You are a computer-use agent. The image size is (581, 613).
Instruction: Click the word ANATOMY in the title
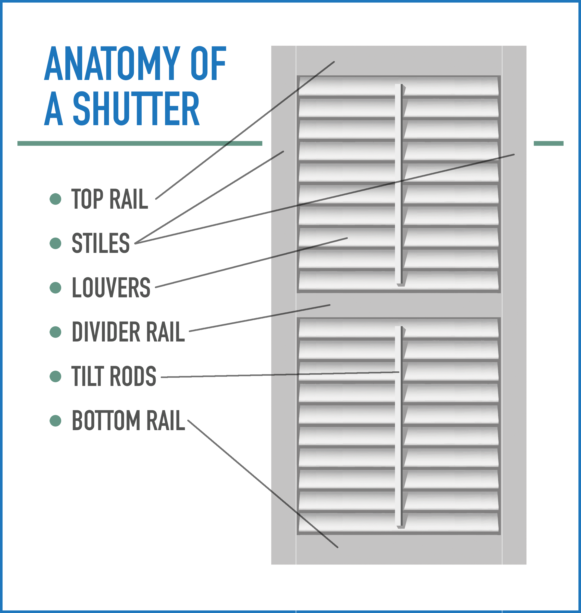[x=112, y=63]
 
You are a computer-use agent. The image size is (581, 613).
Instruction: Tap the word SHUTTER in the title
[x=136, y=109]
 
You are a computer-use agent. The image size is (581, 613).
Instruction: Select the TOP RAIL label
[x=110, y=199]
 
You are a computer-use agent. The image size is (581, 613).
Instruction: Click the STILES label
[x=101, y=243]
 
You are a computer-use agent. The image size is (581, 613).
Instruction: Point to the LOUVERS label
[x=111, y=287]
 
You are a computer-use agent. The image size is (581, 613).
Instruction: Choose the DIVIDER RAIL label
[x=128, y=332]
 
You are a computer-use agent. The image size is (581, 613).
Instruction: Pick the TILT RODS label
[x=114, y=376]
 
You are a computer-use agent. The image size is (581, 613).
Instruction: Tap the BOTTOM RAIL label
[x=128, y=420]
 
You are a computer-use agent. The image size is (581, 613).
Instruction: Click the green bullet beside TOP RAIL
[x=55, y=199]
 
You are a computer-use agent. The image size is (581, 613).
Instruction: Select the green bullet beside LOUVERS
[x=55, y=287]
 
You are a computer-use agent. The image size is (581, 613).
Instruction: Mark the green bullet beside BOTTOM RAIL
[x=55, y=421]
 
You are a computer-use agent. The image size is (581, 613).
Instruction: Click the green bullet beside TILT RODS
[x=55, y=376]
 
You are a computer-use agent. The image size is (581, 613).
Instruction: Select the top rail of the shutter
[x=399, y=61]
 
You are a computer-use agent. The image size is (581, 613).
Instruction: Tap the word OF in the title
[x=208, y=63]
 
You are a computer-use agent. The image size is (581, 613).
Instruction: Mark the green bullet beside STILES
[x=55, y=243]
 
